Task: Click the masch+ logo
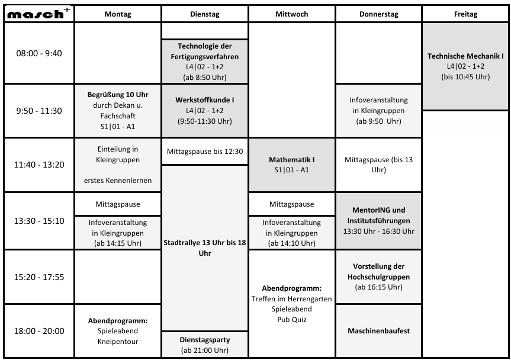tap(38, 14)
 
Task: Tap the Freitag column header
tap(465, 14)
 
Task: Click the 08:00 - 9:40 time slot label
tap(38, 53)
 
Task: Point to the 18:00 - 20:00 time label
tap(38, 331)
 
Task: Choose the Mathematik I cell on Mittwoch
tap(292, 165)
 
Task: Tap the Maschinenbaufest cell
tap(378, 331)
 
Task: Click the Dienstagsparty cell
tap(205, 345)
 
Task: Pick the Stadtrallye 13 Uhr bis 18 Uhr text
tap(205, 247)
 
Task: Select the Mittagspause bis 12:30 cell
tap(205, 152)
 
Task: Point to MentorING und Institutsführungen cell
tap(378, 220)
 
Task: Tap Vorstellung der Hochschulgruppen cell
tap(378, 277)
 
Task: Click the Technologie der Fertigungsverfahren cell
tap(205, 61)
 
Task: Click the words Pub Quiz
tap(292, 319)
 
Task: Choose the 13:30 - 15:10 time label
tap(38, 221)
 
